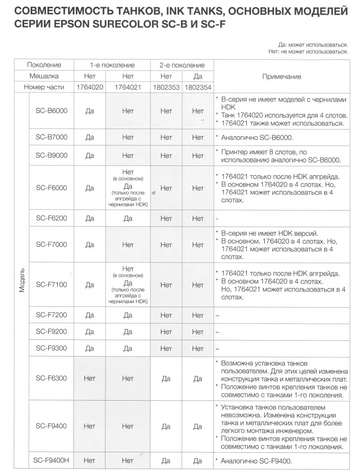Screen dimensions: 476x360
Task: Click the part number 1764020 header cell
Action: point(90,87)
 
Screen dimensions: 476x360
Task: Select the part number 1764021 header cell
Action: point(128,87)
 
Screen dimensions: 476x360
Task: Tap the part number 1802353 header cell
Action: point(166,87)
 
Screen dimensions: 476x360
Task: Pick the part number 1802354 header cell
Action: point(198,87)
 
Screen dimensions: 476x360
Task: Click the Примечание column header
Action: point(281,77)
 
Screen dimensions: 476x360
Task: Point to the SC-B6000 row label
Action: point(52,111)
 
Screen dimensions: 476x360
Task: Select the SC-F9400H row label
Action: point(52,461)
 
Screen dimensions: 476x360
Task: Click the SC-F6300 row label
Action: point(52,378)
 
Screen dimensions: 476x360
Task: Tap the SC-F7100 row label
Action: point(52,284)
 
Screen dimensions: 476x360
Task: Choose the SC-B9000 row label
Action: point(52,156)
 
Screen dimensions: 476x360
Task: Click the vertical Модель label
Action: point(21,279)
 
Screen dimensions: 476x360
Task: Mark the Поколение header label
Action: point(44,65)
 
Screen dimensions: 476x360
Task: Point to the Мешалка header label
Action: point(44,76)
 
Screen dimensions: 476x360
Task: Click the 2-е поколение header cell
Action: point(182,65)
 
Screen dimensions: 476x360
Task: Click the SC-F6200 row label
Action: point(52,218)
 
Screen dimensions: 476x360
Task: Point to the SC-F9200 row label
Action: point(52,332)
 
